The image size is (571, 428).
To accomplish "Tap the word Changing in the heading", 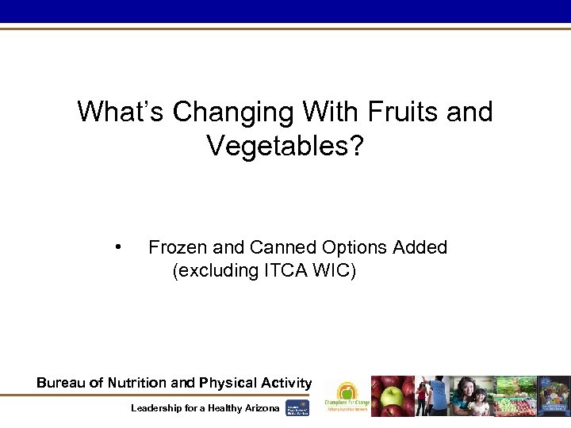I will click(x=234, y=112).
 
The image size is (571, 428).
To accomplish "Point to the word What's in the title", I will click(x=121, y=112).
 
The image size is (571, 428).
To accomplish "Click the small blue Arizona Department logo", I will click(x=297, y=407).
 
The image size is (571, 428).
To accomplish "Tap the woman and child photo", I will click(x=473, y=396).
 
